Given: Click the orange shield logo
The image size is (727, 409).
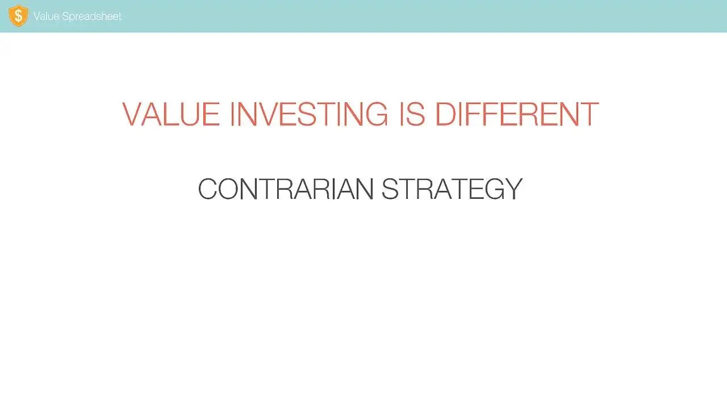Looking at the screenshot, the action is [x=18, y=15].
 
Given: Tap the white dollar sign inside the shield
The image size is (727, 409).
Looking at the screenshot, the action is [x=19, y=15].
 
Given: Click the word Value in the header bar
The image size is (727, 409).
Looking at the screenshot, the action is [x=47, y=16].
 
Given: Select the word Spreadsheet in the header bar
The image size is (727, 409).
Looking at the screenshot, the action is [x=91, y=16].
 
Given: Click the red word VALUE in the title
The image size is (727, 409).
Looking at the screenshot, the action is [x=171, y=114].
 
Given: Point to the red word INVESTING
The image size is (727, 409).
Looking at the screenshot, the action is [x=309, y=114].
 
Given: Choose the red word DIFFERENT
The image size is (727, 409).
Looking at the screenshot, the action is [x=517, y=114].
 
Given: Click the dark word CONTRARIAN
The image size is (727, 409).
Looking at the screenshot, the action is [x=286, y=189].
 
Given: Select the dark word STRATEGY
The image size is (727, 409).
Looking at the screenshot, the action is [x=452, y=189].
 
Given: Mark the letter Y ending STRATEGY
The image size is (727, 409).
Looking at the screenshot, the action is [x=512, y=189].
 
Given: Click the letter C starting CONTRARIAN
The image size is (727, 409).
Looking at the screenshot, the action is [x=207, y=189].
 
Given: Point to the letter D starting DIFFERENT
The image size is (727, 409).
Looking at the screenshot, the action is [x=446, y=114].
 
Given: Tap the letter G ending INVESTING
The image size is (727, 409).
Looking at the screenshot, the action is [x=377, y=114].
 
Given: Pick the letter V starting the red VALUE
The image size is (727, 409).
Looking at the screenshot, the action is [x=132, y=114].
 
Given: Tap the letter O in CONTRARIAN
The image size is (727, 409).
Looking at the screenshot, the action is [x=228, y=189].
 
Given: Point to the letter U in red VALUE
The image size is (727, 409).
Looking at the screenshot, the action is [x=190, y=114].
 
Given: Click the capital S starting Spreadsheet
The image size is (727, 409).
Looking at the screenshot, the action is [x=66, y=16].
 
